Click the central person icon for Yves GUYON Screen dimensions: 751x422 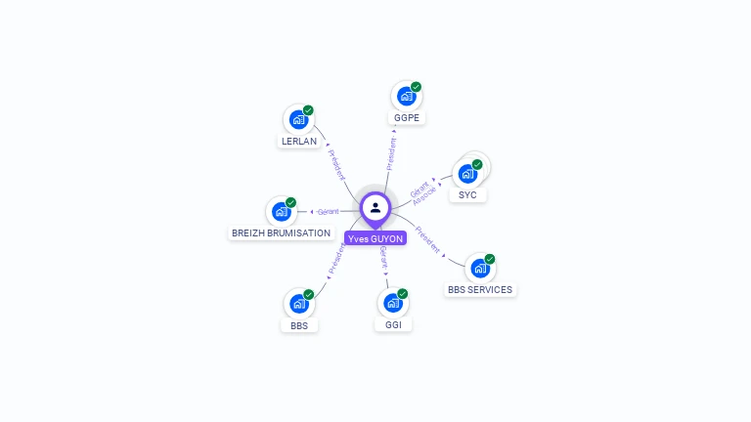pos(375,207)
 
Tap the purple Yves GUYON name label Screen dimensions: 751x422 pos(375,238)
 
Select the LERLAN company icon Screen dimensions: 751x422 pos(298,119)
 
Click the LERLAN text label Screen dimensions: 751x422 pos(298,142)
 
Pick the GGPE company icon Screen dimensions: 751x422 pos(406,96)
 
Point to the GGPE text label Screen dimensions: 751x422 pos(407,118)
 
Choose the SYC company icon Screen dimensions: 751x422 pos(467,174)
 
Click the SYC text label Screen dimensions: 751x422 pos(467,195)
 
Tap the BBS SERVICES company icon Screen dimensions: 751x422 pos(479,268)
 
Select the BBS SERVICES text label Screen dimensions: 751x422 pos(480,290)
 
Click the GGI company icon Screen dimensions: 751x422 pos(392,303)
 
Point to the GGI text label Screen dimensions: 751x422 pos(392,325)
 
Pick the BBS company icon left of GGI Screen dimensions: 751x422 pos(298,304)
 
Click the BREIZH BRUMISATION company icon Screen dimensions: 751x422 pos(281,211)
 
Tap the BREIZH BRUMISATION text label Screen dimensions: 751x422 pos(281,233)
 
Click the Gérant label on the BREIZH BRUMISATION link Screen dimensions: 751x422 pos(328,211)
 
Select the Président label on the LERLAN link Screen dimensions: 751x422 pos(336,165)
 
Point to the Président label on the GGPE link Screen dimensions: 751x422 pos(391,153)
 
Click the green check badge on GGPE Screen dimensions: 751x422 pos(416,87)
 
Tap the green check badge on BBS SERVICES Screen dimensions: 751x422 pos(490,259)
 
